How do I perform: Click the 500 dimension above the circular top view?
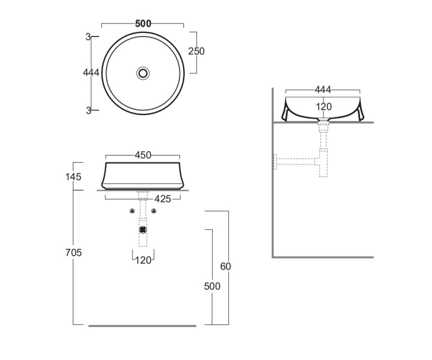[x=143, y=24]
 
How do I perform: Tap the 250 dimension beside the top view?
[x=196, y=51]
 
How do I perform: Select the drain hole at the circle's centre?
[x=143, y=73]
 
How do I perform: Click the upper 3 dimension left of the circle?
[x=88, y=37]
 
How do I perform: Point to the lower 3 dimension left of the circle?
[x=89, y=111]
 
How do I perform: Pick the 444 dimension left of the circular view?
[x=91, y=72]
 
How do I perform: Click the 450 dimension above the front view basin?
[x=143, y=155]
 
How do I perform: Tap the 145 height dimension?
[x=73, y=177]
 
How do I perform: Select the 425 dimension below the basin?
[x=163, y=199]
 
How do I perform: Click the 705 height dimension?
[x=73, y=253]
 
